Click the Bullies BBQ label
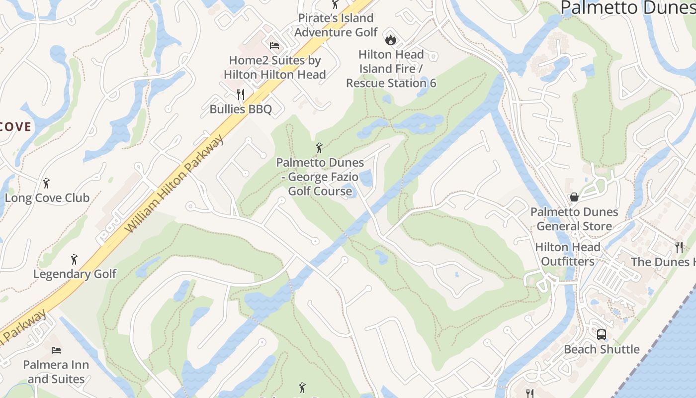[x=241, y=109]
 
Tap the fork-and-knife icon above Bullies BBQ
[x=241, y=94]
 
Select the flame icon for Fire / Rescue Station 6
[x=391, y=38]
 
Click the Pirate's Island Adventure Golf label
[x=336, y=25]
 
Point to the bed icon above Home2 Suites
[x=274, y=46]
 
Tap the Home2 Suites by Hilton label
[x=274, y=68]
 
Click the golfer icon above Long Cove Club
[x=47, y=183]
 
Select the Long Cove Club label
[x=47, y=198]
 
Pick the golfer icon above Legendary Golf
[x=75, y=259]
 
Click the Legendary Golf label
[x=75, y=274]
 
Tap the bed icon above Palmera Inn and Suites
[x=56, y=350]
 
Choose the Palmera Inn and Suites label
[x=56, y=372]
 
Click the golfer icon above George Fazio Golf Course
[x=319, y=148]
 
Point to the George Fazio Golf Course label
[x=320, y=177]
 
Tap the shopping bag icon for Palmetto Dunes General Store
[x=574, y=197]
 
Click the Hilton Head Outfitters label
[x=568, y=254]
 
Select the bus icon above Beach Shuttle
[x=602, y=334]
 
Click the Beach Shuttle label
[x=602, y=349]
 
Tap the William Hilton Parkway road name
[x=174, y=184]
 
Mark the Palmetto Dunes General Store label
[x=574, y=219]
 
